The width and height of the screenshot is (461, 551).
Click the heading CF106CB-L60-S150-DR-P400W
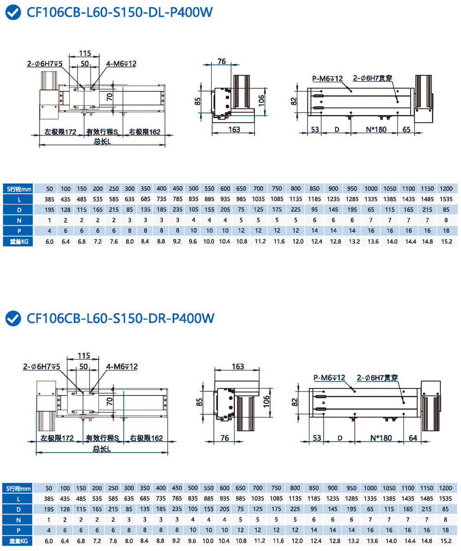click(x=121, y=318)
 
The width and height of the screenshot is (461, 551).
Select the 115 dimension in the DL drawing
click(x=84, y=53)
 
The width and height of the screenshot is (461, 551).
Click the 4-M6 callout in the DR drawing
click(x=122, y=366)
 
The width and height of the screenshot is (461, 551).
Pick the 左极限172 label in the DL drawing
click(x=60, y=132)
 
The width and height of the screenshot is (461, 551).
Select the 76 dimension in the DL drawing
click(x=222, y=61)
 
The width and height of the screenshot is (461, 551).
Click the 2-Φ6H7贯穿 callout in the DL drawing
click(x=372, y=78)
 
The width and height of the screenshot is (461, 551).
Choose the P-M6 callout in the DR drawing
click(x=329, y=377)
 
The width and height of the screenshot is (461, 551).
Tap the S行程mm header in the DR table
click(x=19, y=488)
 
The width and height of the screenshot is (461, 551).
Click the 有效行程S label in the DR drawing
click(x=102, y=438)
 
